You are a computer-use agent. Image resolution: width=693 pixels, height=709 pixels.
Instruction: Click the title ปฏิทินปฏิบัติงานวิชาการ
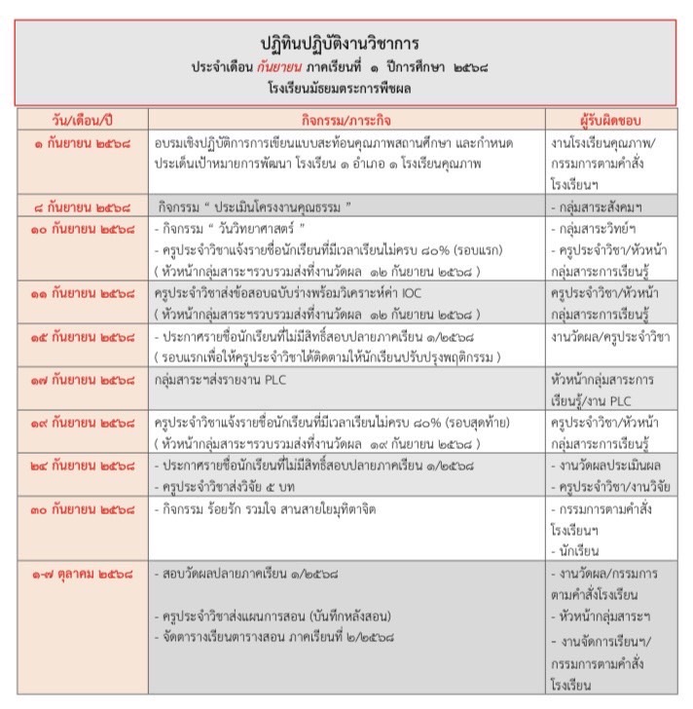click(346, 45)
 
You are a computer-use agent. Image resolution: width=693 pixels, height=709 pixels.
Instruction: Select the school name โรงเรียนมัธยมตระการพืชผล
click(346, 90)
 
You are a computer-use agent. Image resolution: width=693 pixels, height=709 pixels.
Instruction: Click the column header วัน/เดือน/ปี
click(82, 119)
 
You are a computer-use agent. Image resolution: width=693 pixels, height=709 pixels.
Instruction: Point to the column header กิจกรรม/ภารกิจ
click(346, 119)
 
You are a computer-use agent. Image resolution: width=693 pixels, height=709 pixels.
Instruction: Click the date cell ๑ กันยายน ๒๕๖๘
click(82, 142)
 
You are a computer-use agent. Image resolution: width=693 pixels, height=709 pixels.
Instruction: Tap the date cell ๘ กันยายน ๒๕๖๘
click(82, 206)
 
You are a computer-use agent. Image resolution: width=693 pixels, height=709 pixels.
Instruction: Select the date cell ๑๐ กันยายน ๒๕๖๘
click(82, 230)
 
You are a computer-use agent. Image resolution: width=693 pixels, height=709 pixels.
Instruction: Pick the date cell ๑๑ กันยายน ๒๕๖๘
click(82, 292)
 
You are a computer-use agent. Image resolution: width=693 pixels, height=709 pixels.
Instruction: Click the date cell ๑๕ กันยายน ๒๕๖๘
click(82, 336)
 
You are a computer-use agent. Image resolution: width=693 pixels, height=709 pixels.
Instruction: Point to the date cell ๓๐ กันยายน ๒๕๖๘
click(82, 509)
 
